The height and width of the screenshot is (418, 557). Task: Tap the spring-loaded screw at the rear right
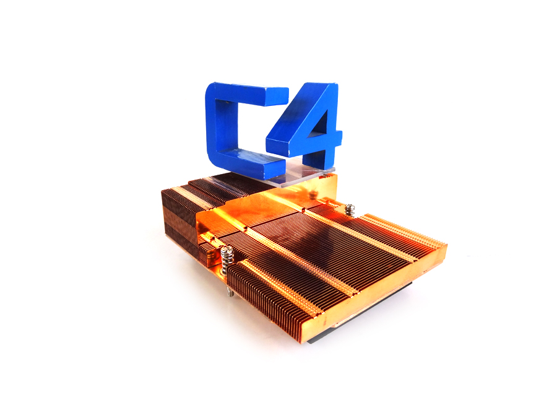[350, 209]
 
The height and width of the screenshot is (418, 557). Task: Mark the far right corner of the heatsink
[444, 250]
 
